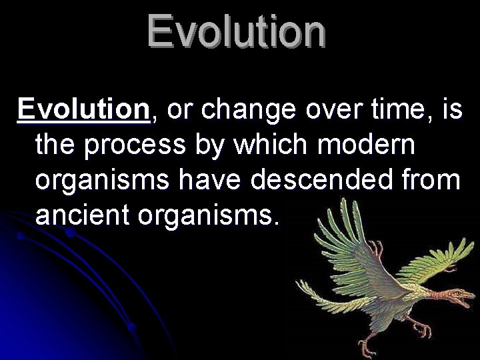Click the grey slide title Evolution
237,32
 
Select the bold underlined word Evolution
84,109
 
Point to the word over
326,109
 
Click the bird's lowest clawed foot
367,347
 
